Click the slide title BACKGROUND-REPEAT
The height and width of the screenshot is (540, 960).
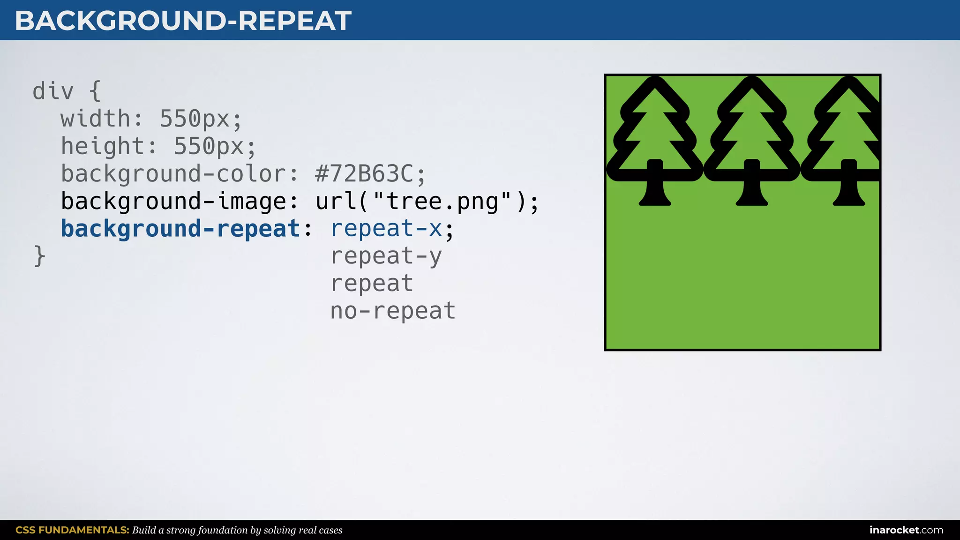(x=183, y=21)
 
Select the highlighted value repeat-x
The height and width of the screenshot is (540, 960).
(x=386, y=229)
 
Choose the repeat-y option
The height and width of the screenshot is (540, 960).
(x=386, y=256)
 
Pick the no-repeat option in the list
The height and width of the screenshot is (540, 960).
(x=393, y=311)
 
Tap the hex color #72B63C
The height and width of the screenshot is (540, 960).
(x=364, y=174)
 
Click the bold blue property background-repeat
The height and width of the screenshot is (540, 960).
(x=180, y=229)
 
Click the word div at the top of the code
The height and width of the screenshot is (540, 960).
(x=53, y=91)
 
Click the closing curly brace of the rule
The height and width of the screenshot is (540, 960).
(x=39, y=256)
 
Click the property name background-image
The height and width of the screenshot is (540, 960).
(x=173, y=202)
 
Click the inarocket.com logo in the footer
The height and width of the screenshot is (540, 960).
(x=906, y=530)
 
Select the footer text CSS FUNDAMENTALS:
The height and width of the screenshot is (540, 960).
(x=72, y=530)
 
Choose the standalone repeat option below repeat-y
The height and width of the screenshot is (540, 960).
(x=372, y=284)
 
